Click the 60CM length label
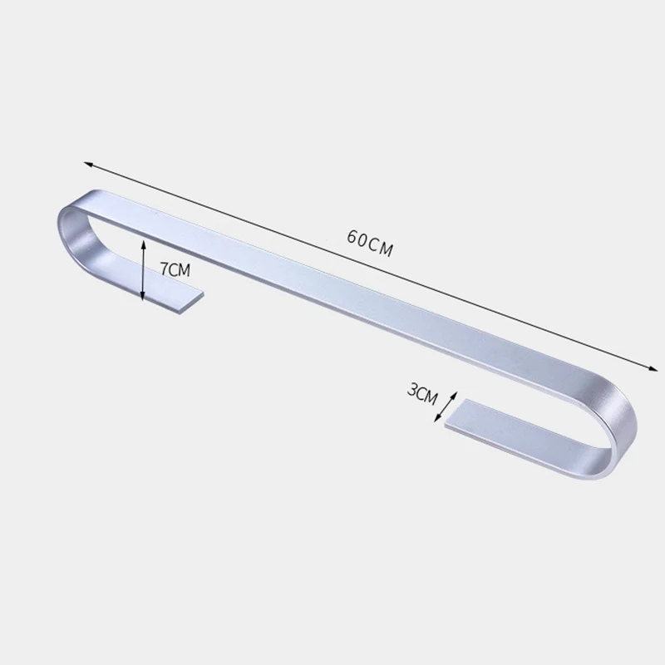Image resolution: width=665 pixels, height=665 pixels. pos(370,244)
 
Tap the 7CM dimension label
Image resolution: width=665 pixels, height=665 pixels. pos(175,269)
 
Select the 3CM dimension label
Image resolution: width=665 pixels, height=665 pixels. pos(422,393)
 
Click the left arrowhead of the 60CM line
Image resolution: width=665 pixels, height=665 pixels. pos(88,164)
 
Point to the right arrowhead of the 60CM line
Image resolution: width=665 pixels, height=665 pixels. pos(653,368)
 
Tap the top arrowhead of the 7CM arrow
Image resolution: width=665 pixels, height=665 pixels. pos(143,244)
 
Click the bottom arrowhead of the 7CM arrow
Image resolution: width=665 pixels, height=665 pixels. pos(143,296)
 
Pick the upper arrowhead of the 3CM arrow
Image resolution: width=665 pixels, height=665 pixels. pos(454,396)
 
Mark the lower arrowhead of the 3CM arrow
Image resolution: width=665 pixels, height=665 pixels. pos(437,418)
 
